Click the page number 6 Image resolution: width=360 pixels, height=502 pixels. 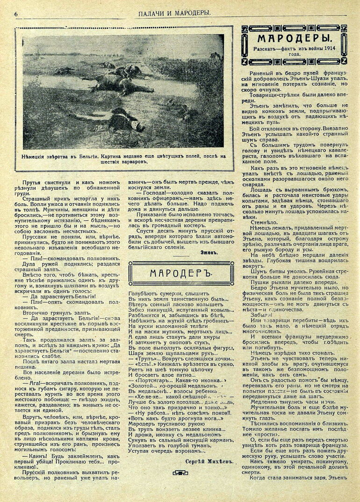(x=16, y=14)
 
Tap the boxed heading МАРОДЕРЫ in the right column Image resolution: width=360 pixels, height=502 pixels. (x=294, y=38)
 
